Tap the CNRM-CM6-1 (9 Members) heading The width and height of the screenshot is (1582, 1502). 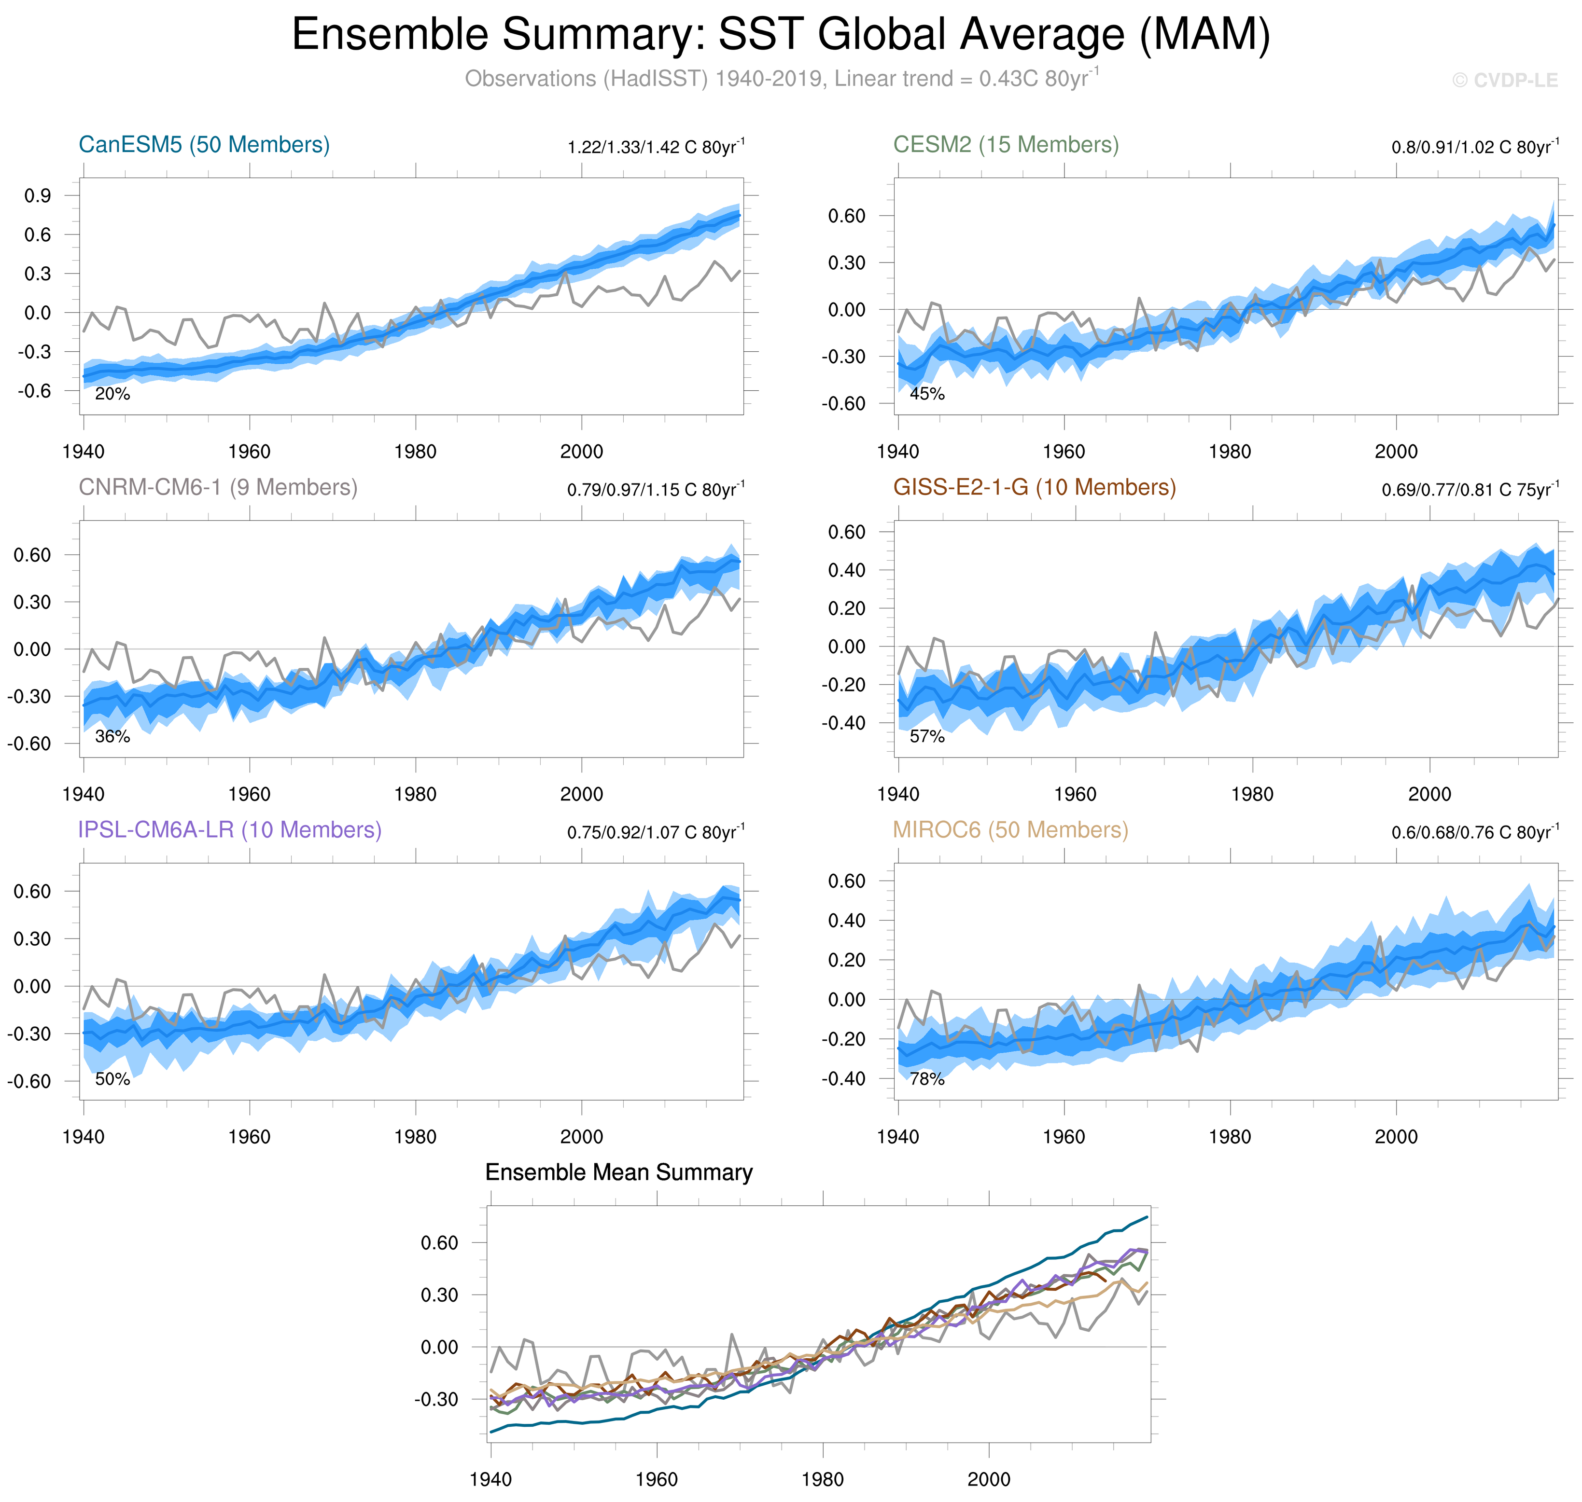pyautogui.click(x=218, y=488)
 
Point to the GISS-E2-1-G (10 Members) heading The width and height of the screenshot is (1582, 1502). pyautogui.click(x=1034, y=488)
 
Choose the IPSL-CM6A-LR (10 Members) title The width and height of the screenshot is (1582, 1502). pyautogui.click(x=230, y=830)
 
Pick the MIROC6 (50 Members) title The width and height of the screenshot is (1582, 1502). pyautogui.click(x=1010, y=830)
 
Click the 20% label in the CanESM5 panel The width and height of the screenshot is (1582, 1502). pyautogui.click(x=112, y=394)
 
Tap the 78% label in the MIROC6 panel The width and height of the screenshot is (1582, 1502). pyautogui.click(x=927, y=1079)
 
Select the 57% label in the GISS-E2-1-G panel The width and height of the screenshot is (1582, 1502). pyautogui.click(x=927, y=737)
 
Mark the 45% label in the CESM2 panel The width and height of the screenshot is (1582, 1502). pyautogui.click(x=927, y=394)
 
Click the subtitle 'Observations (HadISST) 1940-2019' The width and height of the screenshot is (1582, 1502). pyautogui.click(x=781, y=79)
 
